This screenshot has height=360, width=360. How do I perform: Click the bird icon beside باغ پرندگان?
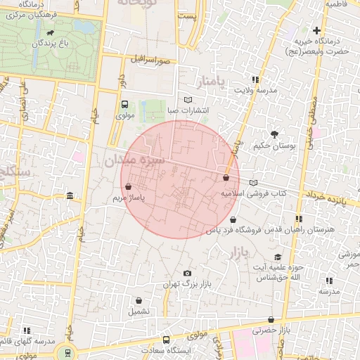49,32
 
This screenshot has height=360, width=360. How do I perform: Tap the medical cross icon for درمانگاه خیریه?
316,30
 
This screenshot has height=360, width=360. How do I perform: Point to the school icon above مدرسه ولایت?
255,79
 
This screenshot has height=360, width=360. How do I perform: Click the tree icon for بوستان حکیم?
274,134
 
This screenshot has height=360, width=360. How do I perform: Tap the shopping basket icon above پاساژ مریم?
128,187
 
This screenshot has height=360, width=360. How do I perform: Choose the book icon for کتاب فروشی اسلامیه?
253,182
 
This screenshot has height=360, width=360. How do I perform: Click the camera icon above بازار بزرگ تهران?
186,273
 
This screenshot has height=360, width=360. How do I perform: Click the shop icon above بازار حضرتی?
271,319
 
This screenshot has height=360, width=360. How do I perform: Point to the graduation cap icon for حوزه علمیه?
278,257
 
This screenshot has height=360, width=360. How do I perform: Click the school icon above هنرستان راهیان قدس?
299,219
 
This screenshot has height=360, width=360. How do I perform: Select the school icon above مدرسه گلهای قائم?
27,330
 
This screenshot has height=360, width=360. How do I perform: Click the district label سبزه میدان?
134,161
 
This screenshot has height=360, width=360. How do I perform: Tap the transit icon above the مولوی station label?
124,103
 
